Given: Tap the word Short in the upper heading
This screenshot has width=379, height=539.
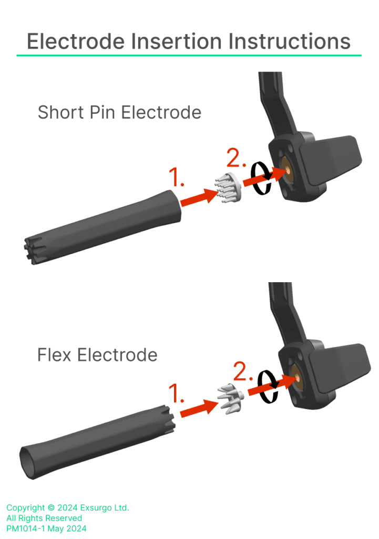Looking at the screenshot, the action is point(61,113).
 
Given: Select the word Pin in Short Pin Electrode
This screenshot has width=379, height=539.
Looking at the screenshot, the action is point(102,113).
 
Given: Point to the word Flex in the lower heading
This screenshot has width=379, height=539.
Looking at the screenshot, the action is point(55,355).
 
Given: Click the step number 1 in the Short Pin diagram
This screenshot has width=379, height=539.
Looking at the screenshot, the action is point(176,177).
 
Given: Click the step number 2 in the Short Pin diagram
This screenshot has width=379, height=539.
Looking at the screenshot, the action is point(236,157).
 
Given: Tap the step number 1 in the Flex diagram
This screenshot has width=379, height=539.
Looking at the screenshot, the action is point(176,393).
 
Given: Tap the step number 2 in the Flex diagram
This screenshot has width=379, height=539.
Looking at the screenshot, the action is point(243,371).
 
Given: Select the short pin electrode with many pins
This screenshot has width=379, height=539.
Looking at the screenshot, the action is point(228,188).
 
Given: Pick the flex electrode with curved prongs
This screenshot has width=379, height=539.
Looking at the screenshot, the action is point(231,398).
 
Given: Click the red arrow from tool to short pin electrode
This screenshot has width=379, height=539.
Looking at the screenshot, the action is point(199,197).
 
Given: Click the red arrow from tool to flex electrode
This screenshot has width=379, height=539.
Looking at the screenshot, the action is point(199,408).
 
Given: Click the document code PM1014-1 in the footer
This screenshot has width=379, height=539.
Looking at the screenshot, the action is point(26,528).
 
